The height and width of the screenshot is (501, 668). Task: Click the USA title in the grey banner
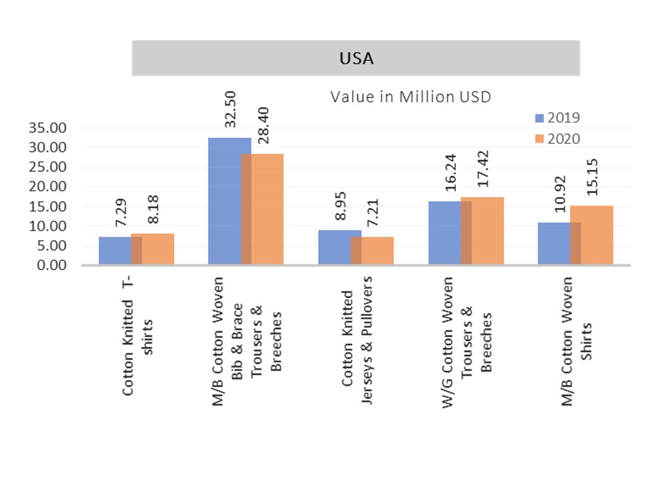click(356, 58)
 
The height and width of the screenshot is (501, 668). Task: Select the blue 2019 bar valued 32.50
click(224, 202)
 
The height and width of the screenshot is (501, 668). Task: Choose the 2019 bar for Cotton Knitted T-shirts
click(115, 250)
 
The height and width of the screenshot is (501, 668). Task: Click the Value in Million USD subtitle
click(411, 97)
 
